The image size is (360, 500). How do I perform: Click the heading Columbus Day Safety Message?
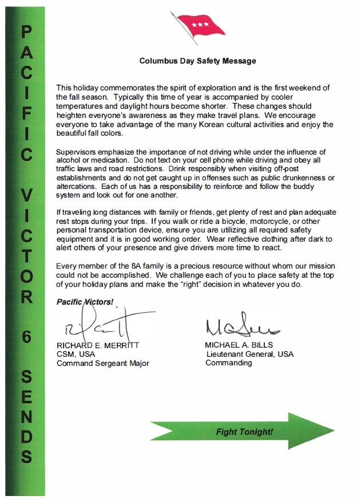[197, 60]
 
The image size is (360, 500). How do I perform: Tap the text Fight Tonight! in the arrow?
[244, 431]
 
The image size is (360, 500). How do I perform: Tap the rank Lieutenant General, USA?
[250, 354]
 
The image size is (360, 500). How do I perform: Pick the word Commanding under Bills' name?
[228, 363]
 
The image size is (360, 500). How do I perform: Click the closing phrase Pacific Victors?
[85, 301]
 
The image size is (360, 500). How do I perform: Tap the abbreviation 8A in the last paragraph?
[136, 266]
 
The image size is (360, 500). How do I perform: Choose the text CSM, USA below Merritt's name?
[76, 355]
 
